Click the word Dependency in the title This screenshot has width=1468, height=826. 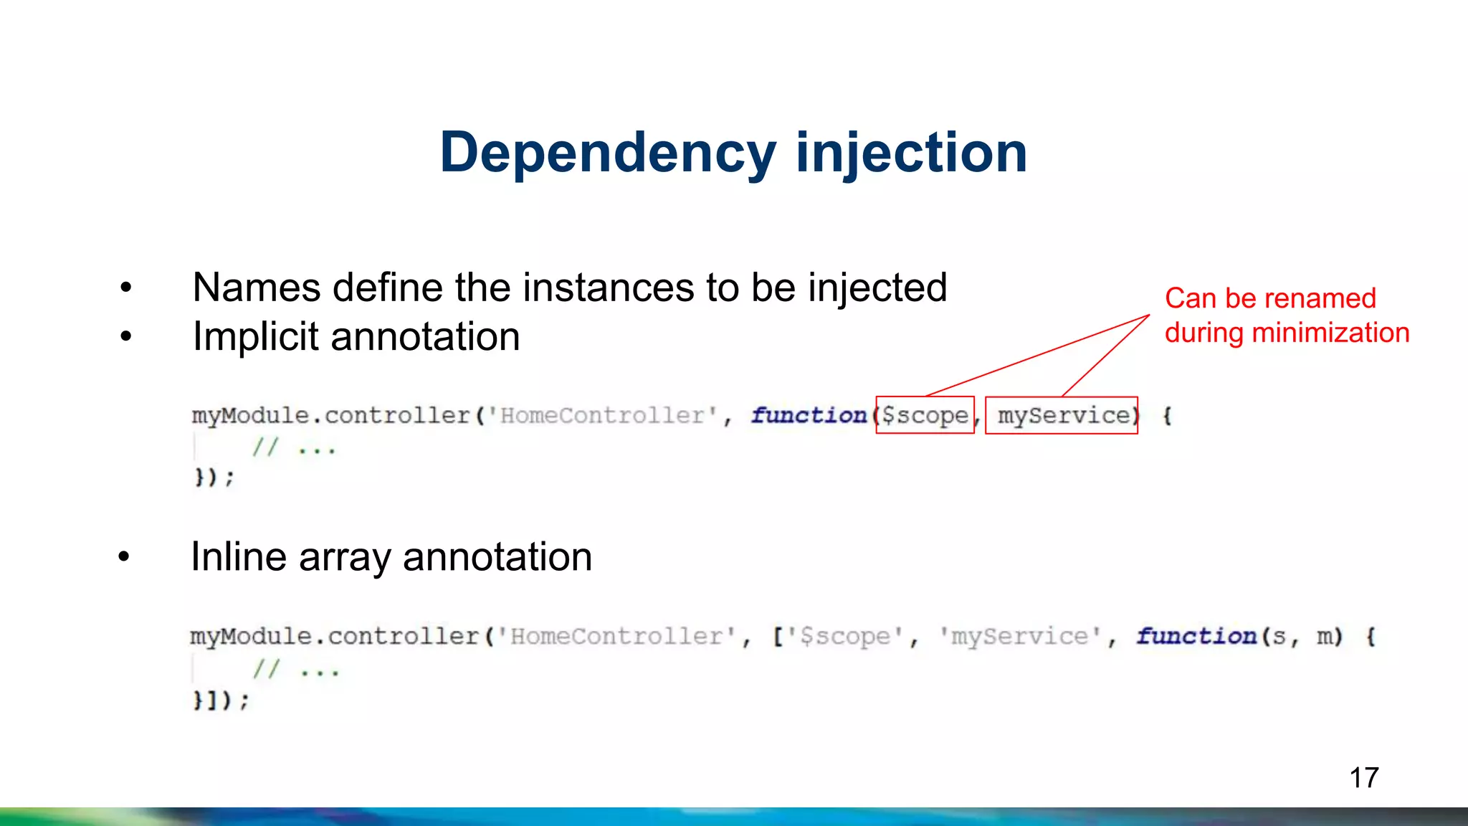[x=608, y=153]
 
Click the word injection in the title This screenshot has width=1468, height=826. [x=912, y=153]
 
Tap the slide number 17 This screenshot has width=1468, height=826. [x=1363, y=778]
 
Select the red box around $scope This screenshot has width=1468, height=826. [x=925, y=415]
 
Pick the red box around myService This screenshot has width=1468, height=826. [x=1062, y=415]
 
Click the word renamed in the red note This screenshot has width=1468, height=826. [x=1318, y=298]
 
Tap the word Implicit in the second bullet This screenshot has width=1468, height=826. [x=256, y=337]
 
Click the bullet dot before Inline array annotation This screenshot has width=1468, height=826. [x=124, y=557]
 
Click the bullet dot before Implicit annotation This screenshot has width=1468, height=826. [x=126, y=336]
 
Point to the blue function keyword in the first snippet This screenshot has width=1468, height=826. [x=809, y=416]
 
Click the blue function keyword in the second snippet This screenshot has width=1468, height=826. [x=1196, y=636]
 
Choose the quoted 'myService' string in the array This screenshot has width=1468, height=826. [x=1020, y=636]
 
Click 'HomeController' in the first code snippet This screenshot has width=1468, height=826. [x=603, y=416]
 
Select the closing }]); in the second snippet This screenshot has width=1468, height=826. [x=221, y=700]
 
